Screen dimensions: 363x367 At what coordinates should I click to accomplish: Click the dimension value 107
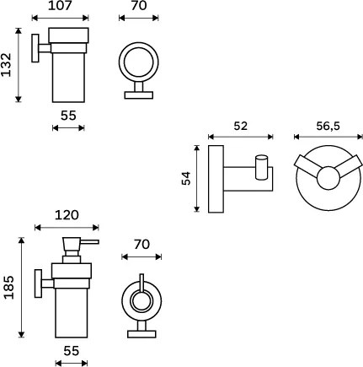[60, 6]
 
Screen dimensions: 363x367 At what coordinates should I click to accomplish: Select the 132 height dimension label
[6, 65]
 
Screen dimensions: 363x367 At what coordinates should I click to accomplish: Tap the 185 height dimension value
[8, 287]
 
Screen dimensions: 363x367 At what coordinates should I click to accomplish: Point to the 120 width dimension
[67, 215]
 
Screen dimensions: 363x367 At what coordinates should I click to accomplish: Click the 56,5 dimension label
[328, 127]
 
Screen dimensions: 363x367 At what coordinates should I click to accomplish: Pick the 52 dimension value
[241, 126]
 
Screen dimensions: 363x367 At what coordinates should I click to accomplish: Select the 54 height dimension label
[186, 178]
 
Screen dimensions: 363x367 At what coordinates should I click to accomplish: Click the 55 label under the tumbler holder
[68, 116]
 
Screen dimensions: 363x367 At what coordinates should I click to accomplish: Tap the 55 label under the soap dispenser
[72, 351]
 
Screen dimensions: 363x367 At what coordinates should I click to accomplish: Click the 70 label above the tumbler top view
[139, 6]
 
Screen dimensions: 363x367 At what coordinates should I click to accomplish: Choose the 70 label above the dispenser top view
[141, 245]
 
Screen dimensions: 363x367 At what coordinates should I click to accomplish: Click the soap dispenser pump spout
[89, 242]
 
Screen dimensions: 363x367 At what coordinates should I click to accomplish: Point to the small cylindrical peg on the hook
[261, 167]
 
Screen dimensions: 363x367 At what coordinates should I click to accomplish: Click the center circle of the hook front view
[328, 178]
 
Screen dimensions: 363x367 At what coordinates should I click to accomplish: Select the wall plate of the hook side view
[216, 179]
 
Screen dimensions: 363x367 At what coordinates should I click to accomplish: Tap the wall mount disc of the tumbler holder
[35, 48]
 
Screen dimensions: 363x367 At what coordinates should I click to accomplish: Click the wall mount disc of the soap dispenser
[38, 283]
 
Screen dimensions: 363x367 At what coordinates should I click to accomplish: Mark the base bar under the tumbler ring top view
[139, 95]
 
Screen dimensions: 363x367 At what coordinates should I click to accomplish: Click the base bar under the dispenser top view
[141, 334]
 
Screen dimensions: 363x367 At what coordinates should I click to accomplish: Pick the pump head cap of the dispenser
[72, 247]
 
